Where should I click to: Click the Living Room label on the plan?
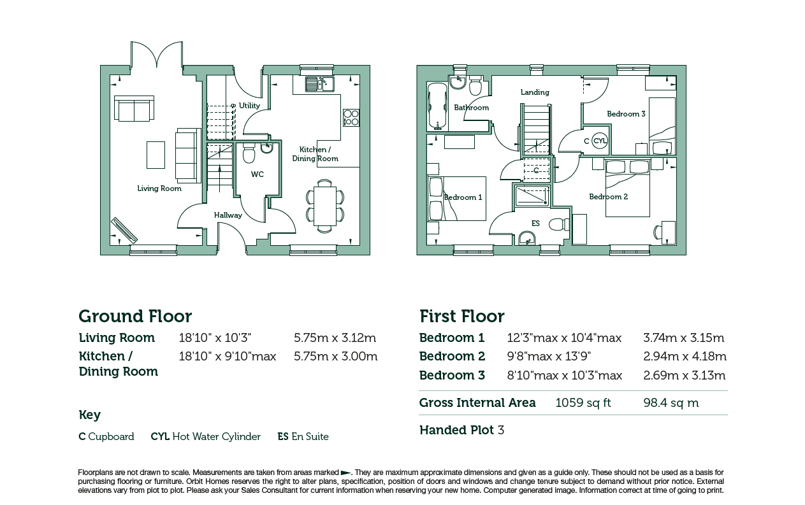[159, 188]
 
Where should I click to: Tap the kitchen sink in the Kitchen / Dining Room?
[320, 83]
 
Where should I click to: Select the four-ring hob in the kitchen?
[351, 117]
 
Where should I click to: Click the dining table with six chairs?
[325, 206]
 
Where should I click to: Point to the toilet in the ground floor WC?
[249, 153]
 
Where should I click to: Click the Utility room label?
[249, 106]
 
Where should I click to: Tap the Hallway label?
[228, 215]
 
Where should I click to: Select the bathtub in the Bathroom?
[437, 106]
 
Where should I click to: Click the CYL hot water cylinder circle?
[599, 141]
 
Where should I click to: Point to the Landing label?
[535, 92]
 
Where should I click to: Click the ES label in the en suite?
[535, 224]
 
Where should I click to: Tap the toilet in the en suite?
[559, 225]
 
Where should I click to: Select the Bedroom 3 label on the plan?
[626, 114]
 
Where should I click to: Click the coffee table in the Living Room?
[156, 155]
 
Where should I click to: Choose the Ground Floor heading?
[135, 316]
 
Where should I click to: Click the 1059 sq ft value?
[583, 402]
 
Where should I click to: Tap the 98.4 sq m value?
[671, 402]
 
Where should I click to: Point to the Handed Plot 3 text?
[462, 430]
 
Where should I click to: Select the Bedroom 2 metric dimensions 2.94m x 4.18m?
[685, 356]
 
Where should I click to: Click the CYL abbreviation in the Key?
[160, 436]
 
